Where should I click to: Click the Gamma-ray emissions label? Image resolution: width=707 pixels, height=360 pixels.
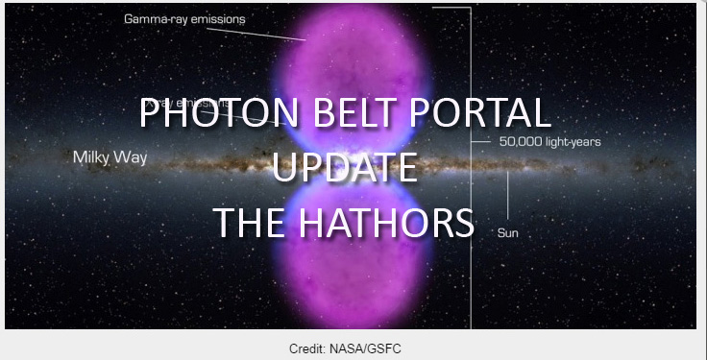[184, 18]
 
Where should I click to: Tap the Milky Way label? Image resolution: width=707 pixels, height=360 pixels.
[110, 156]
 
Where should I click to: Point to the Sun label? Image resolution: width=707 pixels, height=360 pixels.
[508, 232]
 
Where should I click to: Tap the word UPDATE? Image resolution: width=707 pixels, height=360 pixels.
[344, 168]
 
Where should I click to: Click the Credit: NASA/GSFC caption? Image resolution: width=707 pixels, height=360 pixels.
[345, 347]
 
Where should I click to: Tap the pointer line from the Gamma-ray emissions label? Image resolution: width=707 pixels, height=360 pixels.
[275, 32]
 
